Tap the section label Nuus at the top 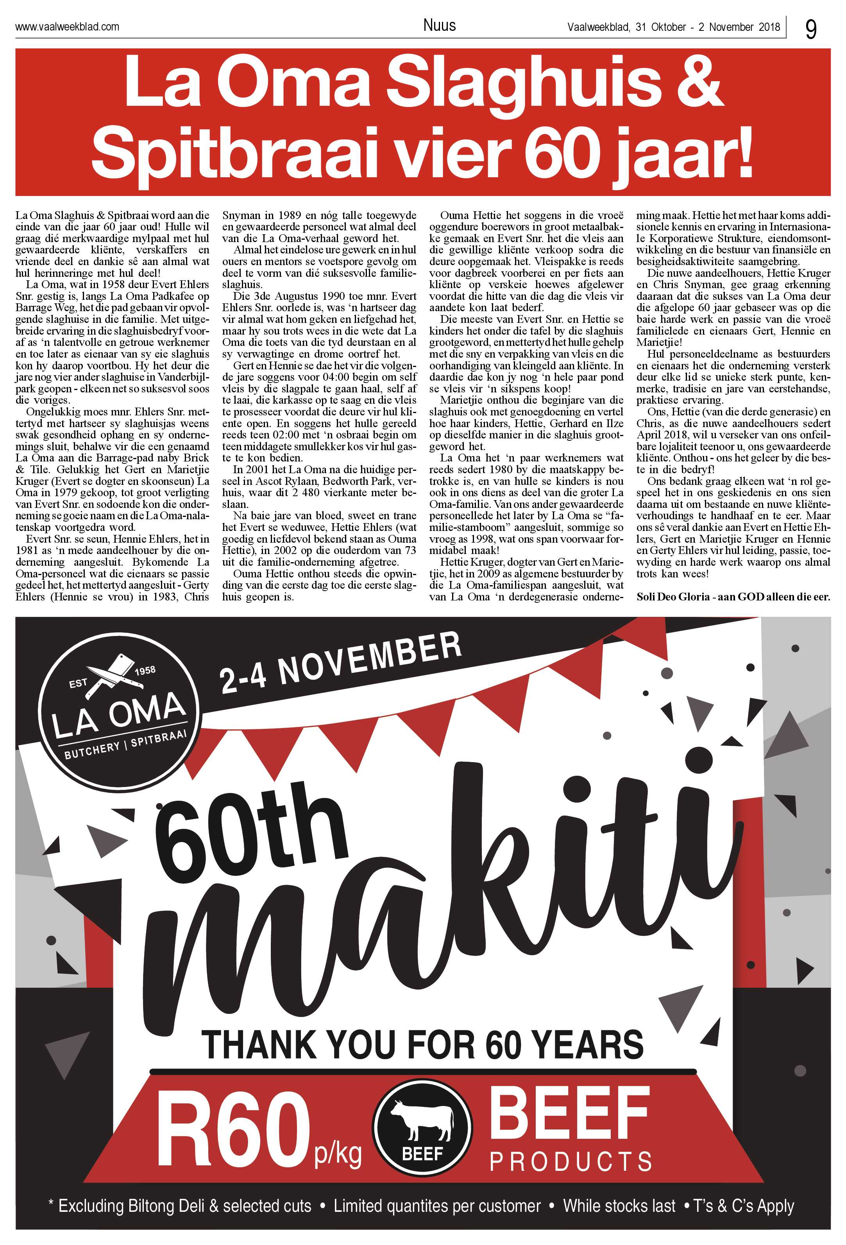[x=439, y=25]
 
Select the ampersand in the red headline [x=698, y=83]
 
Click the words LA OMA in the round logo [x=119, y=715]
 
